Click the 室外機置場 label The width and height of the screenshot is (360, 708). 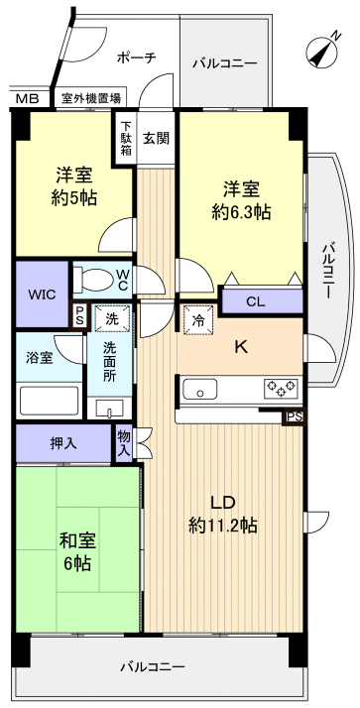(x=91, y=98)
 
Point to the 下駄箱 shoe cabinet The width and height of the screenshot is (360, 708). (x=126, y=139)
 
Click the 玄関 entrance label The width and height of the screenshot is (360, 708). (x=155, y=138)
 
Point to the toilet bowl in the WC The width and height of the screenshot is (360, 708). (x=96, y=278)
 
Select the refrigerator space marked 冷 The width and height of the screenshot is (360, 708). (x=197, y=320)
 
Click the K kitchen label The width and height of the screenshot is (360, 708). (x=240, y=346)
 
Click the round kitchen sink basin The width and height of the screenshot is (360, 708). (x=204, y=389)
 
